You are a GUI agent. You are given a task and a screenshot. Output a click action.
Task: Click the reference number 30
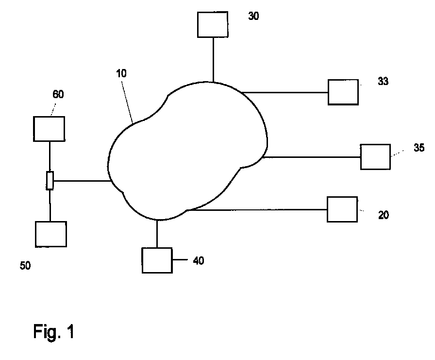click(253, 16)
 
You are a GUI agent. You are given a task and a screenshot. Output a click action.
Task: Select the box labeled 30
click(213, 24)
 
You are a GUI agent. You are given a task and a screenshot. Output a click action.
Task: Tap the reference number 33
click(383, 81)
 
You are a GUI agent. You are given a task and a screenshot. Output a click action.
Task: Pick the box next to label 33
click(343, 92)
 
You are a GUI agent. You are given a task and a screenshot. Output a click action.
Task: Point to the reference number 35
click(419, 148)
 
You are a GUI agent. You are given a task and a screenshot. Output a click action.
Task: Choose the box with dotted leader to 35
click(375, 157)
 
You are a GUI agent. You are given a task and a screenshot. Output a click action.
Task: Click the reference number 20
click(384, 215)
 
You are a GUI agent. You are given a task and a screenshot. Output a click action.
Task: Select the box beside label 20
click(342, 209)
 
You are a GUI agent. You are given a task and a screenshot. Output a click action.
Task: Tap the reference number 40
click(199, 260)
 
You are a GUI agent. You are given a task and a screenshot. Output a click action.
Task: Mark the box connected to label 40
click(157, 260)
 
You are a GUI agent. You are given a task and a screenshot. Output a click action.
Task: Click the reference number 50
click(25, 266)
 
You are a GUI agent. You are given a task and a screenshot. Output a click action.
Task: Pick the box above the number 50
click(51, 234)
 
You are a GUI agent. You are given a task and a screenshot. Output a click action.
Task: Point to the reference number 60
click(58, 94)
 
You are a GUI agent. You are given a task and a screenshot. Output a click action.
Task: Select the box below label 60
click(49, 129)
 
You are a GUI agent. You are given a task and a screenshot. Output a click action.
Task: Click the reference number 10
click(121, 73)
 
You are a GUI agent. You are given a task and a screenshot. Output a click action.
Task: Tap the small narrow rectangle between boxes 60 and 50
click(50, 180)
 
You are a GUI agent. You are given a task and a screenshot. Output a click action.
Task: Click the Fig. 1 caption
click(53, 331)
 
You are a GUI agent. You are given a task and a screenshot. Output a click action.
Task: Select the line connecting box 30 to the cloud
click(213, 60)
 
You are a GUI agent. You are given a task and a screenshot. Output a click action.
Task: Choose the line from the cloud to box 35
click(311, 157)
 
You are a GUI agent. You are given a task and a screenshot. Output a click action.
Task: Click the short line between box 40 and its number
click(180, 260)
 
